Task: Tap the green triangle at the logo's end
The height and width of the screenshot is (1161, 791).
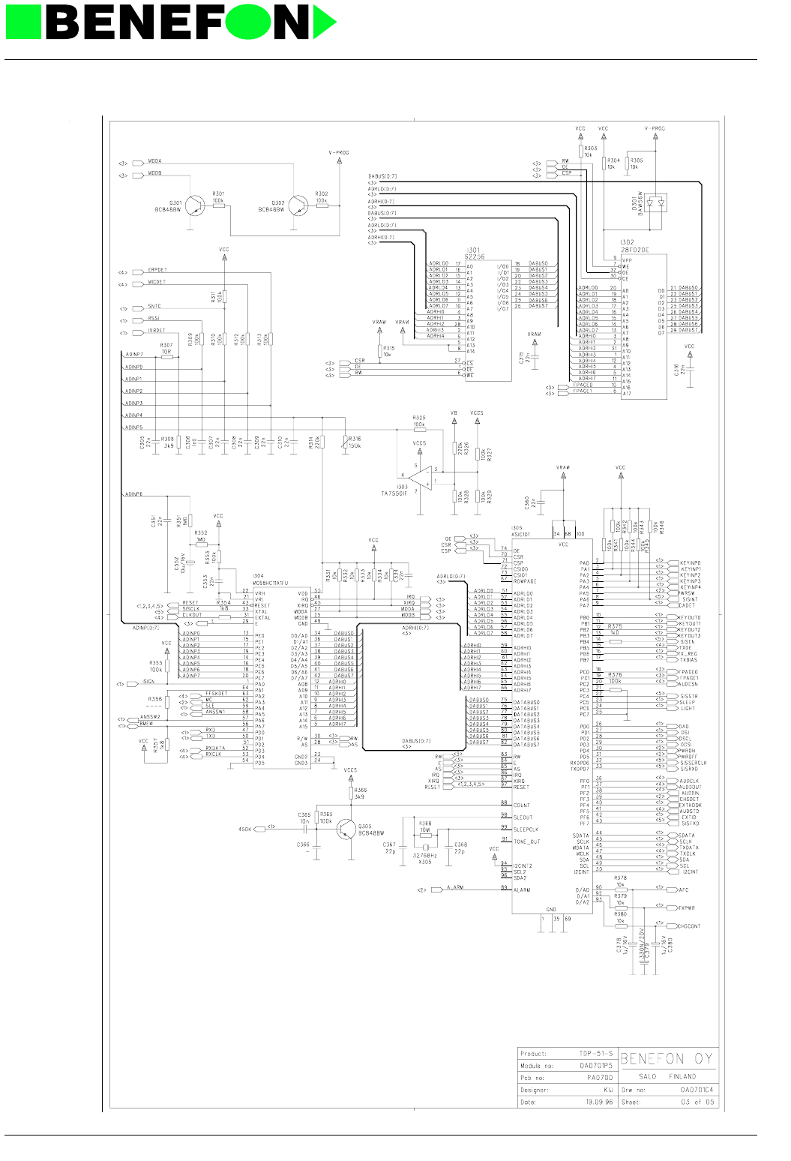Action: (324, 22)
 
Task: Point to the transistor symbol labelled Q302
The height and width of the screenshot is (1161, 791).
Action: (298, 205)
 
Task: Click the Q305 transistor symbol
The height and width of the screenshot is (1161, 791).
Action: (346, 828)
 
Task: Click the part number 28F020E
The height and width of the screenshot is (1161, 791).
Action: (634, 250)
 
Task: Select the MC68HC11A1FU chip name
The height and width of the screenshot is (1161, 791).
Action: (271, 583)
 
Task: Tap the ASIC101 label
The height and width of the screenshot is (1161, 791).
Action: (521, 535)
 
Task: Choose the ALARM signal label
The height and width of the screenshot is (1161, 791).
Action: (455, 888)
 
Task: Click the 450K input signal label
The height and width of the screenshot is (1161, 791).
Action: (245, 829)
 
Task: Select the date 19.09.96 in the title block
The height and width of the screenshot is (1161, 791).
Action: (599, 1102)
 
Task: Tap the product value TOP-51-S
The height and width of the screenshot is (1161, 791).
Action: (595, 1054)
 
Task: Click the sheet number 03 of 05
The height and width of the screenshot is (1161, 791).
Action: (697, 1102)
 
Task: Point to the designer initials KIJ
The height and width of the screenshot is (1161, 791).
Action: (608, 1090)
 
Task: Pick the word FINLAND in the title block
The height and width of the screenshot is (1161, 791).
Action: (682, 1076)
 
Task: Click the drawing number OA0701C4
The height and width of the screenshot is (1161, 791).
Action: (697, 1090)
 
